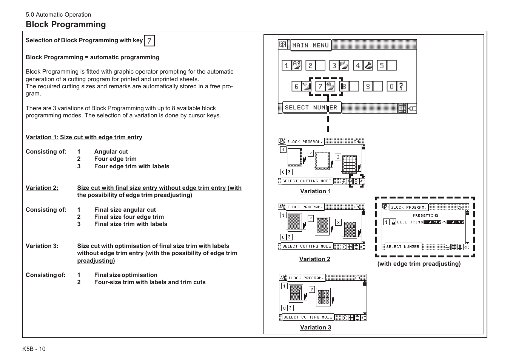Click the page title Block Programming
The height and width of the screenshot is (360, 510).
[x=66, y=25]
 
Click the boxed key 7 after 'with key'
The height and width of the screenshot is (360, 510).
[x=149, y=41]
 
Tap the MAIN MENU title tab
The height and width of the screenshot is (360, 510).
[x=311, y=45]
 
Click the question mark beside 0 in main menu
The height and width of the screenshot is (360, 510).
[x=401, y=86]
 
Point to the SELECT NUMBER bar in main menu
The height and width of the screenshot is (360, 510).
[x=311, y=108]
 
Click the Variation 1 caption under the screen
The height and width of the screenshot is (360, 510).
[x=315, y=191]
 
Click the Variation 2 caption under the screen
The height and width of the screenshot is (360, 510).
[x=314, y=259]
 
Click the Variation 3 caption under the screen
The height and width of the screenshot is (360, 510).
[x=315, y=328]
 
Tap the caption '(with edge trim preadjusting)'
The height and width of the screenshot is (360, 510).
[x=419, y=264]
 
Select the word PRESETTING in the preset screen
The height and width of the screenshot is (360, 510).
[x=425, y=215]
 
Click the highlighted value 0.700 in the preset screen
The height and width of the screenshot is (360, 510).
[x=457, y=222]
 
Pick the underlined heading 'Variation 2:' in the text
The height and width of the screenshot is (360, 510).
[x=42, y=188]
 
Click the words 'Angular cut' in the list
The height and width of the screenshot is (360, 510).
[x=111, y=152]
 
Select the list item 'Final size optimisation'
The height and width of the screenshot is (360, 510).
[x=126, y=275]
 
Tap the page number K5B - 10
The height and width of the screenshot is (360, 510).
[x=34, y=349]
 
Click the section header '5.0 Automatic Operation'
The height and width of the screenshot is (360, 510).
[x=58, y=15]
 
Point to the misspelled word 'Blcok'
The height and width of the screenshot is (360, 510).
[x=33, y=72]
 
